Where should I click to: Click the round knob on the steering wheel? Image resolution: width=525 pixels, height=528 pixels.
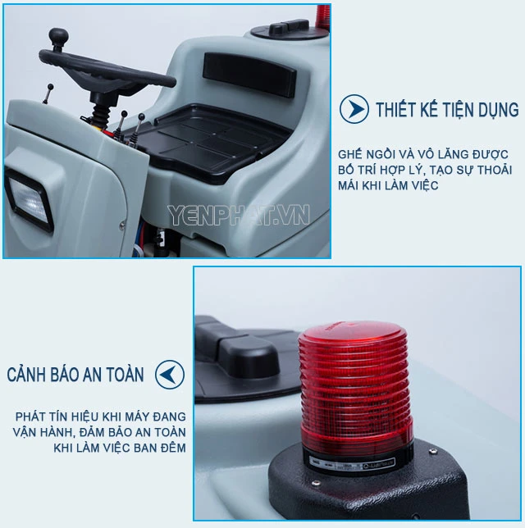coord(58,36)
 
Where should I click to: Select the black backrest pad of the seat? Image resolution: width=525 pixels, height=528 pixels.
coord(249,74)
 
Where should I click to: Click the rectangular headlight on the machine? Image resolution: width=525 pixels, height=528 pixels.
coord(29,201)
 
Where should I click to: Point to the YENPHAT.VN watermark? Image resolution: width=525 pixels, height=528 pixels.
coord(238,215)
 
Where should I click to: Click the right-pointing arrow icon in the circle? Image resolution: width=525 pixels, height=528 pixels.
coord(354,109)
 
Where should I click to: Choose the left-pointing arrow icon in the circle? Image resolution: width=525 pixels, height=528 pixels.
coord(170,375)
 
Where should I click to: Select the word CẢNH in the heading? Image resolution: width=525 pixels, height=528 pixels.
coord(26,374)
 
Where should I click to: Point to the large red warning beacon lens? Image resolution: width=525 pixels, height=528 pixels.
coord(355,384)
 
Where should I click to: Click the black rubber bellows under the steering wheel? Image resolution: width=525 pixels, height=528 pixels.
coord(101,115)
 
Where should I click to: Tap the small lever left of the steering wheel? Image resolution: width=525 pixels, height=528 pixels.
coord(48,93)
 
